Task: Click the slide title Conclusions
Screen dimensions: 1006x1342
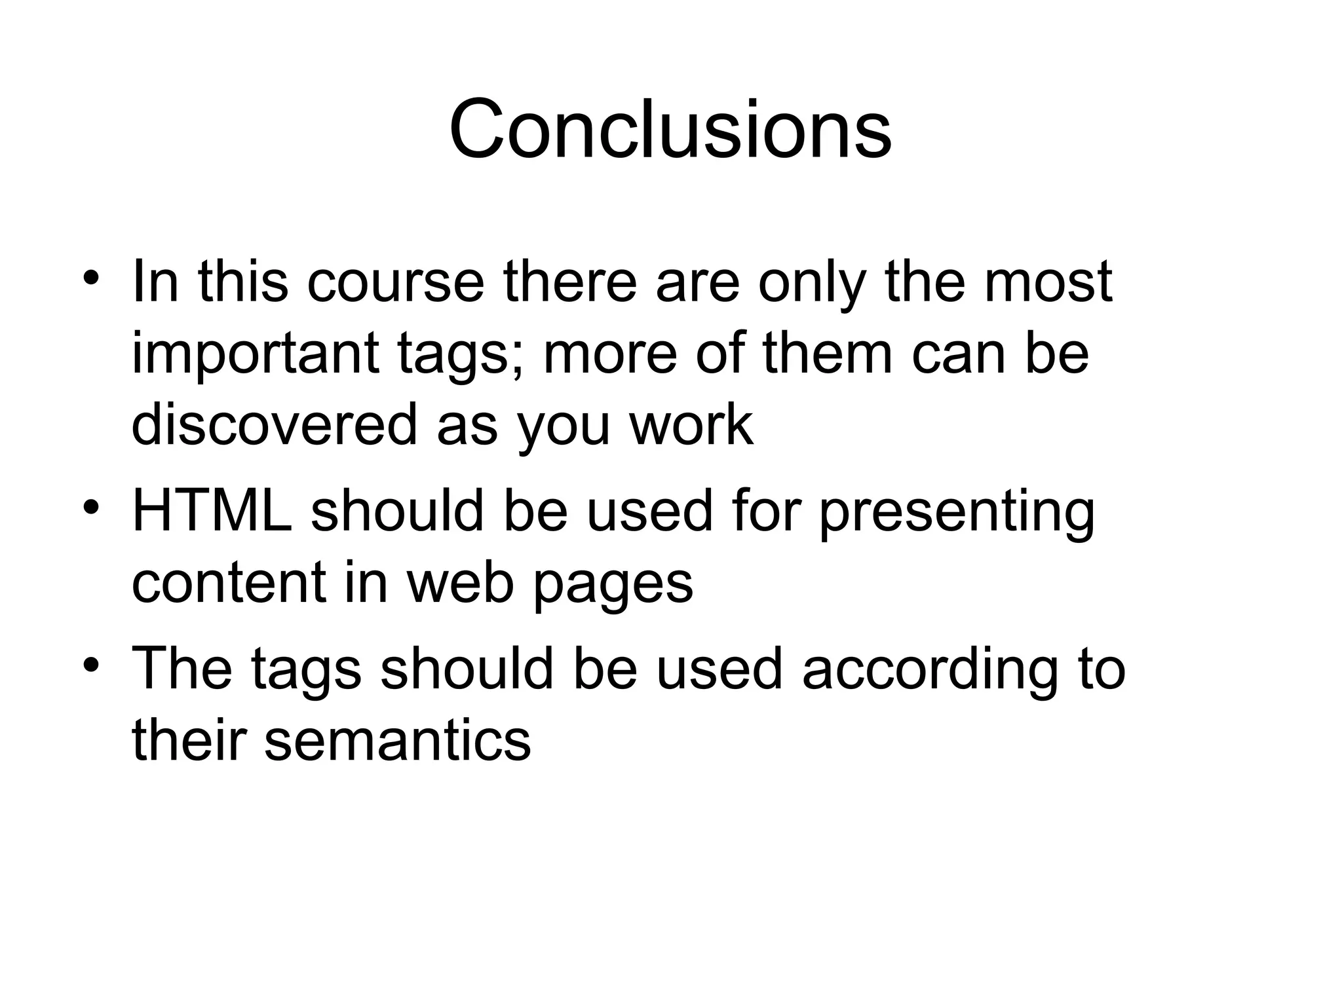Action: click(x=670, y=129)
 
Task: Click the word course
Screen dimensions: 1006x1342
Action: click(x=395, y=283)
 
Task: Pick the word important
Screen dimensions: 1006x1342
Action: click(x=256, y=356)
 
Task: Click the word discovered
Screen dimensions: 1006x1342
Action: click(x=274, y=426)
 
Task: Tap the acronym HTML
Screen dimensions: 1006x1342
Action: click(x=212, y=512)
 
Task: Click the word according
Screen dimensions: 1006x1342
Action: click(x=929, y=673)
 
